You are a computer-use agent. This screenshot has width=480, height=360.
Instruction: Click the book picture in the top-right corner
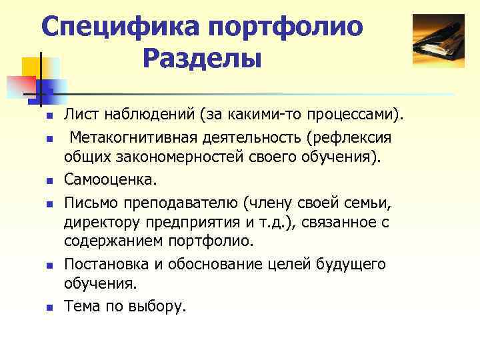pos(438,41)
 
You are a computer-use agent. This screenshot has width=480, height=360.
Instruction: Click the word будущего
pos(351,265)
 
